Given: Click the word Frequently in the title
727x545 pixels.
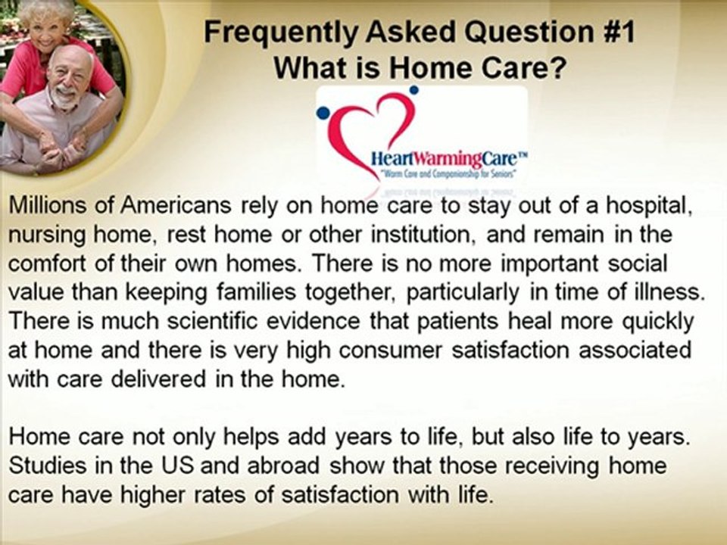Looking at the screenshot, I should point(275,33).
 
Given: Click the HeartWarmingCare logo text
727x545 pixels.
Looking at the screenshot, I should point(438,160).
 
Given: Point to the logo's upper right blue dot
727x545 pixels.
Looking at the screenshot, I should point(413,90).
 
